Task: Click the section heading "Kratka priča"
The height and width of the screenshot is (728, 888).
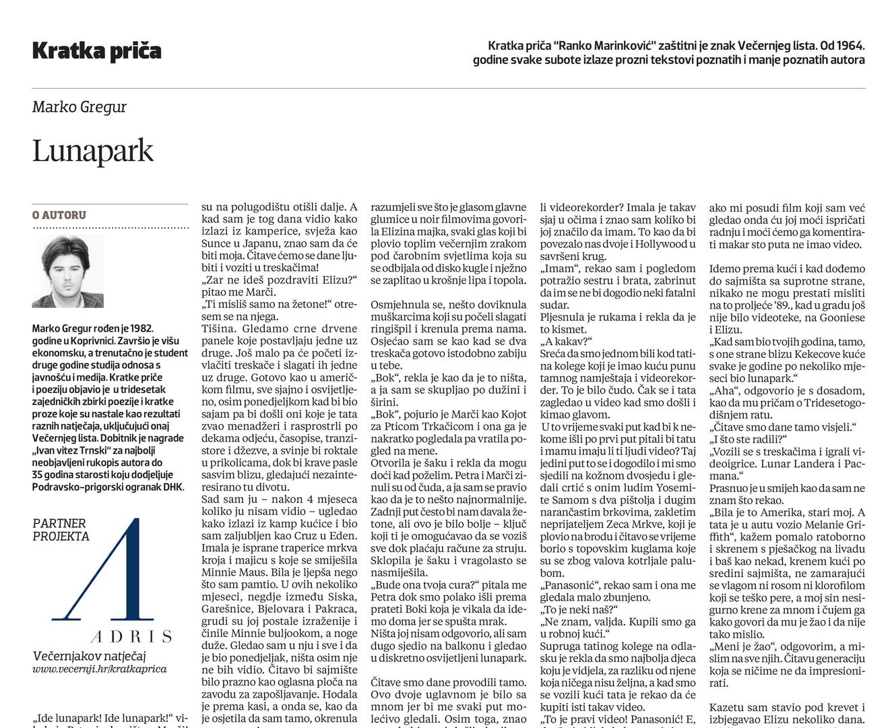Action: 96,51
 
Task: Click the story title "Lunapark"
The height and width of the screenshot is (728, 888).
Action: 93,151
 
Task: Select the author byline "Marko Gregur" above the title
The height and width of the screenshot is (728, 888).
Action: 79,107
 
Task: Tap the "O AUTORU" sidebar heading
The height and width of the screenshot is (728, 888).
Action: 59,216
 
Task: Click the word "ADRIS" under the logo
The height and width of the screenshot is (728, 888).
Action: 131,636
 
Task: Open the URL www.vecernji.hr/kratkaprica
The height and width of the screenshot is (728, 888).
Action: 99,669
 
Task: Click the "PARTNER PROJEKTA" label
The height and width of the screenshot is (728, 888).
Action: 60,530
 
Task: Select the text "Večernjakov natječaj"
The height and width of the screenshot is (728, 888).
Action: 89,656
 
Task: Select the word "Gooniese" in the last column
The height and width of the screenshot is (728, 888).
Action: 842,317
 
